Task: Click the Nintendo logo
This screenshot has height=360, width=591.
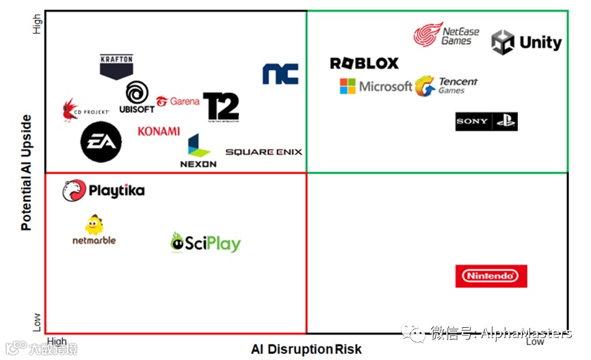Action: (x=491, y=276)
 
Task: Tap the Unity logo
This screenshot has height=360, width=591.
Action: (x=526, y=42)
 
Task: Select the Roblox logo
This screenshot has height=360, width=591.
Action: (x=364, y=64)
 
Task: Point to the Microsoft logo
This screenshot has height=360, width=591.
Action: (x=376, y=86)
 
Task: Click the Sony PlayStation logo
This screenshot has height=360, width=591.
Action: (x=486, y=121)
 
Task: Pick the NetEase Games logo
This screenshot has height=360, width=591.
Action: (x=446, y=34)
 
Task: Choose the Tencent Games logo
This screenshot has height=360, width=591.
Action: (x=446, y=86)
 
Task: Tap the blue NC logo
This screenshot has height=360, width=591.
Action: (x=280, y=74)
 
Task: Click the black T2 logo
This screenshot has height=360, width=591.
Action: (x=221, y=107)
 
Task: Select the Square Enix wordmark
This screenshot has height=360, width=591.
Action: (x=263, y=152)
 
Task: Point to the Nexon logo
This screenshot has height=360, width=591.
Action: (x=198, y=151)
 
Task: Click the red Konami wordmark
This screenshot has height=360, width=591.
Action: (x=159, y=131)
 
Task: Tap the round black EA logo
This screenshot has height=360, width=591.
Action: (x=101, y=142)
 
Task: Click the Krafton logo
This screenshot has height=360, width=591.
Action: (x=116, y=66)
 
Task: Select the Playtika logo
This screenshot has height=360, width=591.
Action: (x=103, y=191)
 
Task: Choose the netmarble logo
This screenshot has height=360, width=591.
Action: (x=94, y=230)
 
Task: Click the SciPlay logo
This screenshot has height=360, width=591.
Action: (x=205, y=242)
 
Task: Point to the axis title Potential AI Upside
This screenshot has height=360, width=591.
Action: (x=26, y=172)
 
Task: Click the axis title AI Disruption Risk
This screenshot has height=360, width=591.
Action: (x=306, y=349)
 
